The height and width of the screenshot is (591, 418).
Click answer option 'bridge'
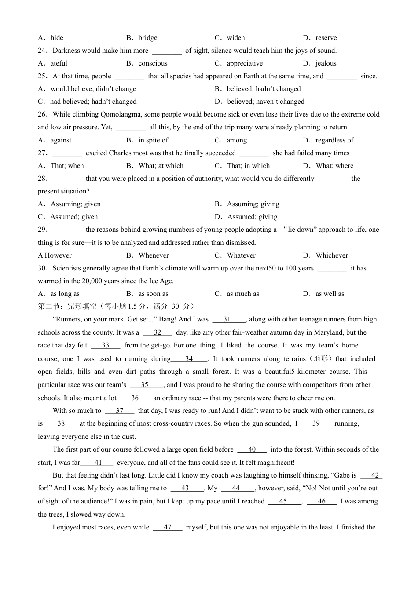[x=147, y=38]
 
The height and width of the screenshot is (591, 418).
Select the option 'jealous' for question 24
[x=326, y=63]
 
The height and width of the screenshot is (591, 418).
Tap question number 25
[x=43, y=76]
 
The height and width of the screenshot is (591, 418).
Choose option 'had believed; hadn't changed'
[x=93, y=102]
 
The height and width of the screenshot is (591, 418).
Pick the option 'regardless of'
[x=334, y=140]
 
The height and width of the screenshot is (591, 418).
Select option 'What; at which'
[x=161, y=166]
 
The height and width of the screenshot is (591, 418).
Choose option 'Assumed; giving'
[x=252, y=217]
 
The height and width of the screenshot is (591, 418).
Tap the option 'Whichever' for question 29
[x=331, y=255]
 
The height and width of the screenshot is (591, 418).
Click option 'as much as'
[x=243, y=294]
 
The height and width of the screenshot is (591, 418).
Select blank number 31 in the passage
[x=227, y=320]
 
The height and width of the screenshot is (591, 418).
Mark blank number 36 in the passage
[x=135, y=398]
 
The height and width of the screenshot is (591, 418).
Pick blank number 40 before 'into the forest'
[x=252, y=449]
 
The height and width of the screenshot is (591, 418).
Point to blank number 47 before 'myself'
[x=167, y=527]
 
